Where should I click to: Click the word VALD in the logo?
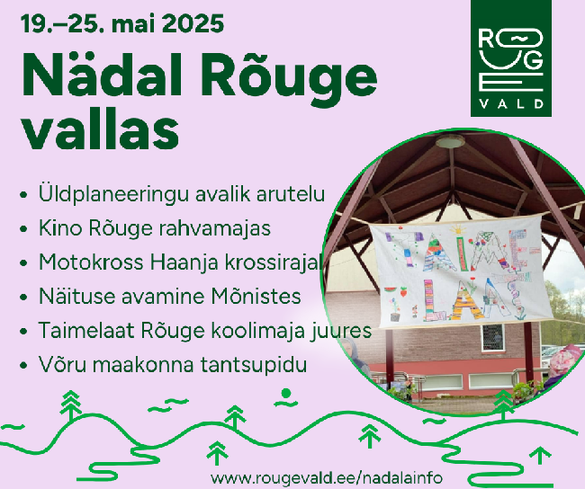coord(511,103)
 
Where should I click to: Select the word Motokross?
coord(91,262)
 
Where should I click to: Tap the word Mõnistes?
coord(256,297)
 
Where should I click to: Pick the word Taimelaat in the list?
coord(85,330)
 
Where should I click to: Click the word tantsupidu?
coord(254,365)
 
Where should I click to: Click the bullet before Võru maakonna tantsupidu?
coord(24,365)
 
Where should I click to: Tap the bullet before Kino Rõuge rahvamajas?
coord(24,228)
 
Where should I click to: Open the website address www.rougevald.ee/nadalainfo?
coord(327,477)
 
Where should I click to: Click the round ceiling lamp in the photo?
coord(450,142)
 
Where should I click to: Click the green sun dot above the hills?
coord(286,393)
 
